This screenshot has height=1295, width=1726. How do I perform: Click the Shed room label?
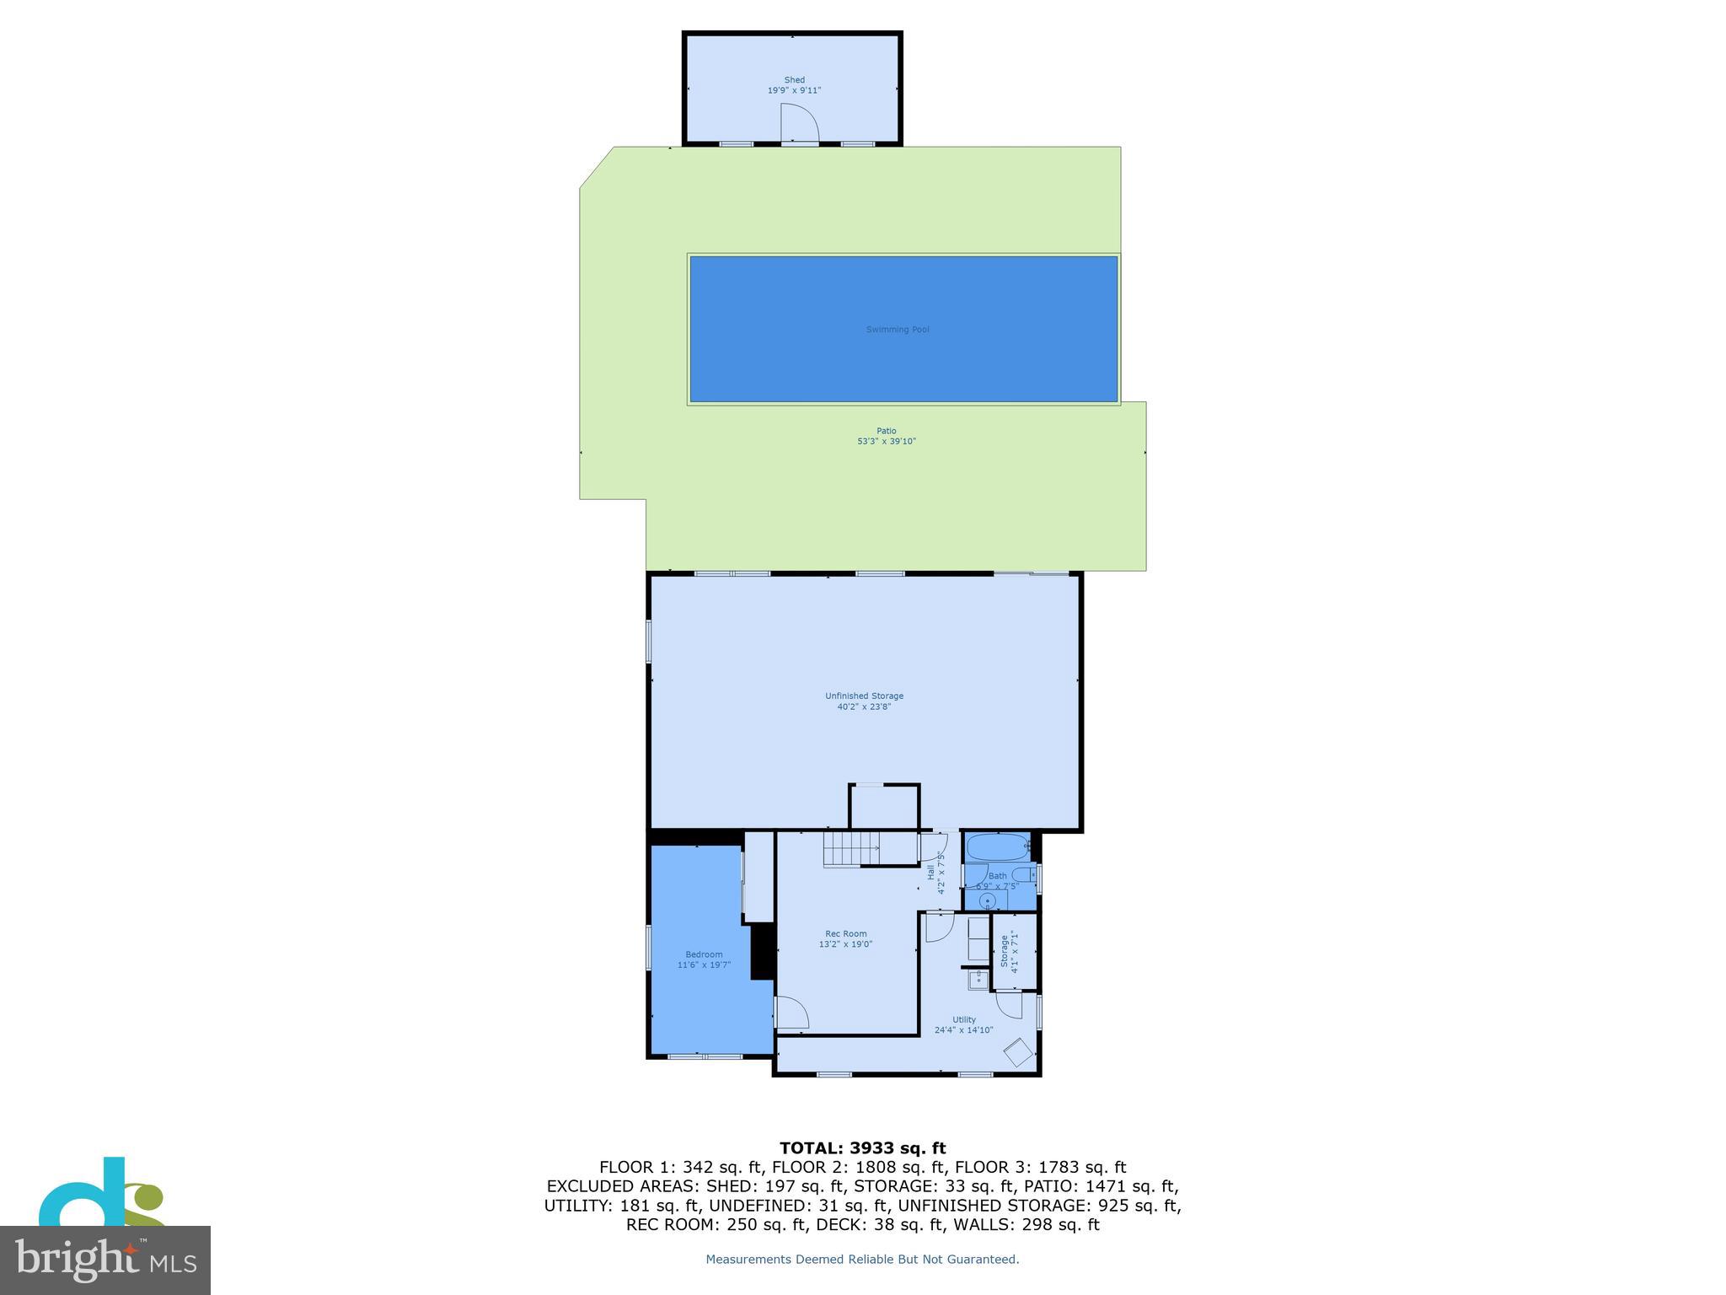[x=794, y=80]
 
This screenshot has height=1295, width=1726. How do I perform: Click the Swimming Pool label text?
[x=898, y=330]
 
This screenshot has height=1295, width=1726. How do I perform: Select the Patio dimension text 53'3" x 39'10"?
[x=886, y=441]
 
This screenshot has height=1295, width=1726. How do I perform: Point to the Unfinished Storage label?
[x=864, y=696]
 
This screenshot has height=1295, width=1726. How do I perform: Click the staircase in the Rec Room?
[x=851, y=848]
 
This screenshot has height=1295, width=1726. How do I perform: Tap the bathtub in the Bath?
[x=998, y=846]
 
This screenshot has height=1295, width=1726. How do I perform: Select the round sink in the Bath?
[x=987, y=901]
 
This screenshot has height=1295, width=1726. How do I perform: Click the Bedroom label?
[x=704, y=954]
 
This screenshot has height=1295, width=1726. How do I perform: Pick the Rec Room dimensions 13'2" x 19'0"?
[x=845, y=944]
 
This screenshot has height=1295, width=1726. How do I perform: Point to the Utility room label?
[x=964, y=1019]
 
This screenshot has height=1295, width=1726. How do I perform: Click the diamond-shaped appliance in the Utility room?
[x=1018, y=1052]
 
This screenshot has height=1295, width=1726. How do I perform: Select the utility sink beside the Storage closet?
[x=978, y=980]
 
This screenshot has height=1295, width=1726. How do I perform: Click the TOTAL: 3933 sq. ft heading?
[x=862, y=1148]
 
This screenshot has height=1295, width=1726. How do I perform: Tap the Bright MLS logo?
[x=105, y=1260]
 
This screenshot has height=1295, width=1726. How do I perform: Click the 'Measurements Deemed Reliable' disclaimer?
[x=862, y=1260]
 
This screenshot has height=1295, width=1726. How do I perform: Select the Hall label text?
[x=931, y=873]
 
